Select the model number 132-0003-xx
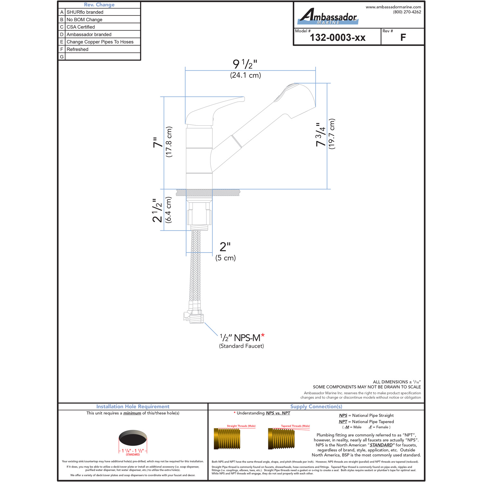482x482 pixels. point(338,38)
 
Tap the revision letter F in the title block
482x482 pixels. point(403,38)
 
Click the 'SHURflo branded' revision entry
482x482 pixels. point(85,12)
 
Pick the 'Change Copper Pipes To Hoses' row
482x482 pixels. point(100,42)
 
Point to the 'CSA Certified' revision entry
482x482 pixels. point(81,27)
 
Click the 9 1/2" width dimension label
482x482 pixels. point(245,64)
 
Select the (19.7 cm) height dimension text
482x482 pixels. point(332,134)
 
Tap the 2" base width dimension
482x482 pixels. point(225,247)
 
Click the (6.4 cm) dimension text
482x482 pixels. point(168,210)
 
